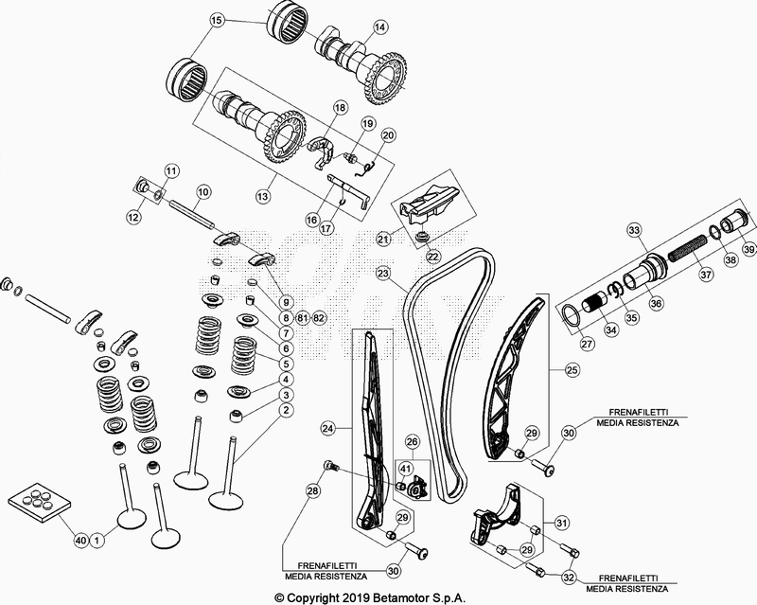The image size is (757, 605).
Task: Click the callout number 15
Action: point(217,20)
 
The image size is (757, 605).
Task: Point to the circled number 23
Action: point(382,274)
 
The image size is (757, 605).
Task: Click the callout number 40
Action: point(81,540)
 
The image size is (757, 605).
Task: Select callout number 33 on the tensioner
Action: point(634,230)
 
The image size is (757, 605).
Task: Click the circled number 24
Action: point(327,429)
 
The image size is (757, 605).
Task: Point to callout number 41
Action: point(405,468)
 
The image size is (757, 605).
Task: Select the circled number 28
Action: point(313,489)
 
